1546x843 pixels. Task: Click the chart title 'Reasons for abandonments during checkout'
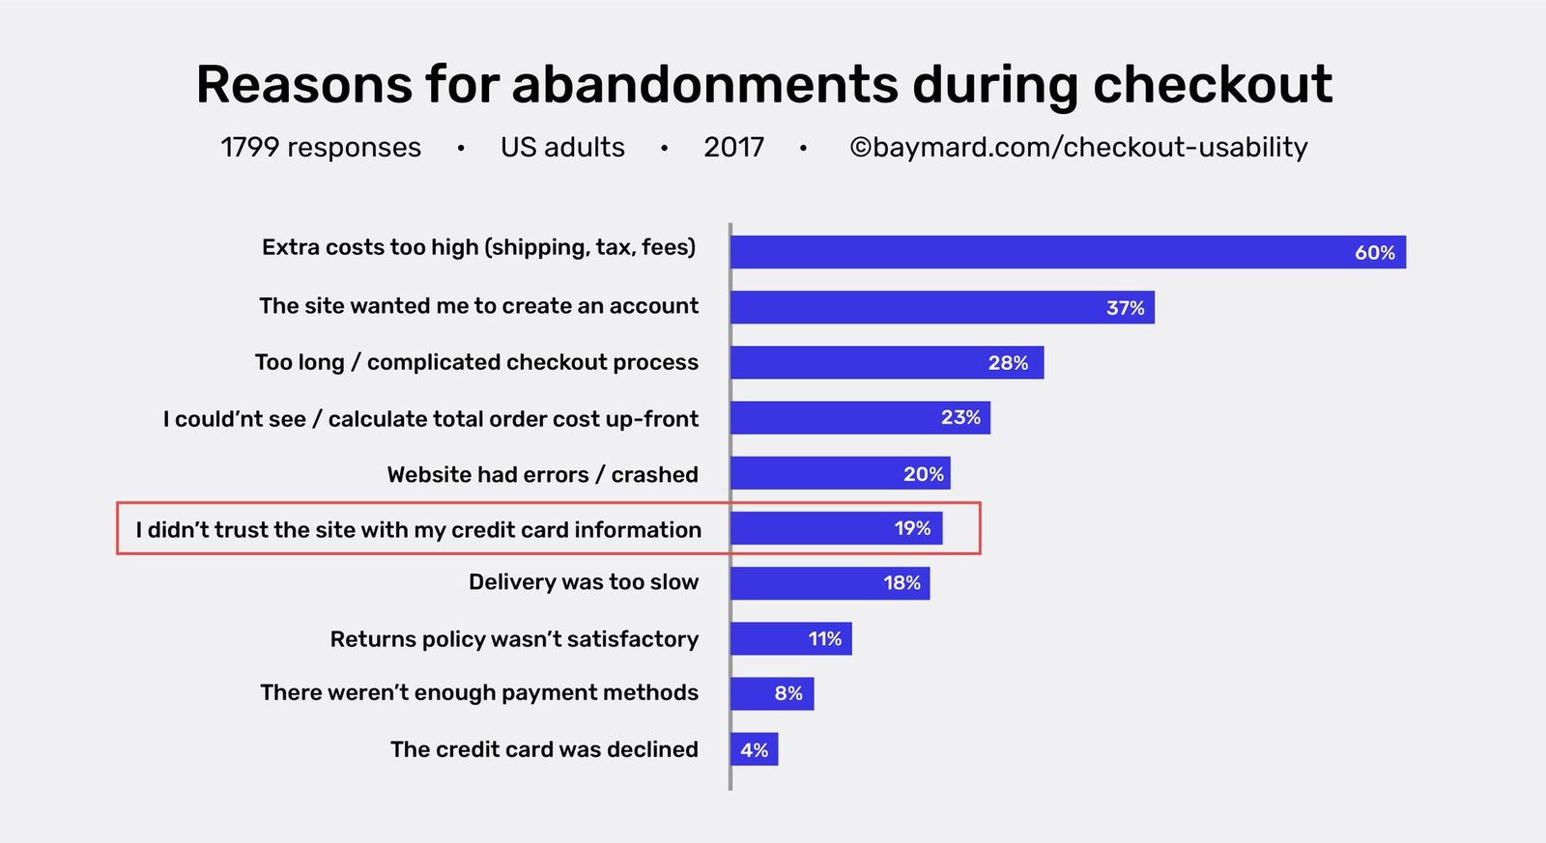click(x=763, y=84)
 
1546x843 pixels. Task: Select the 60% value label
click(x=1374, y=253)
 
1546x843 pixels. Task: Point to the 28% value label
click(x=1008, y=363)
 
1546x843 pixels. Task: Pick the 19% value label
click(x=912, y=529)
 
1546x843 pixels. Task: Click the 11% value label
click(x=825, y=639)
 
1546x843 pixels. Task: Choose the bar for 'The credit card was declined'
click(x=754, y=749)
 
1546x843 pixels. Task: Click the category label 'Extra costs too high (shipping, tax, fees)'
click(x=478, y=248)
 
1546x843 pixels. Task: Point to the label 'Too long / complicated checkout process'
click(x=476, y=362)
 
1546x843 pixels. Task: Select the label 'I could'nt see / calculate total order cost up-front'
click(x=430, y=419)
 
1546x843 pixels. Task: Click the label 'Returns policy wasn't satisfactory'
click(x=514, y=639)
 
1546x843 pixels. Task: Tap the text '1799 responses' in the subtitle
click(x=321, y=148)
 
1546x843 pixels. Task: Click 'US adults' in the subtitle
click(x=562, y=148)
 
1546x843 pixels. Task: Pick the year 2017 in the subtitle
click(x=733, y=148)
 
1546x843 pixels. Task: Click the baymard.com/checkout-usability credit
click(x=1078, y=148)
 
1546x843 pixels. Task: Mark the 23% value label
click(x=960, y=418)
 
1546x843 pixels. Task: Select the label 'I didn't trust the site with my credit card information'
click(x=418, y=530)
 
